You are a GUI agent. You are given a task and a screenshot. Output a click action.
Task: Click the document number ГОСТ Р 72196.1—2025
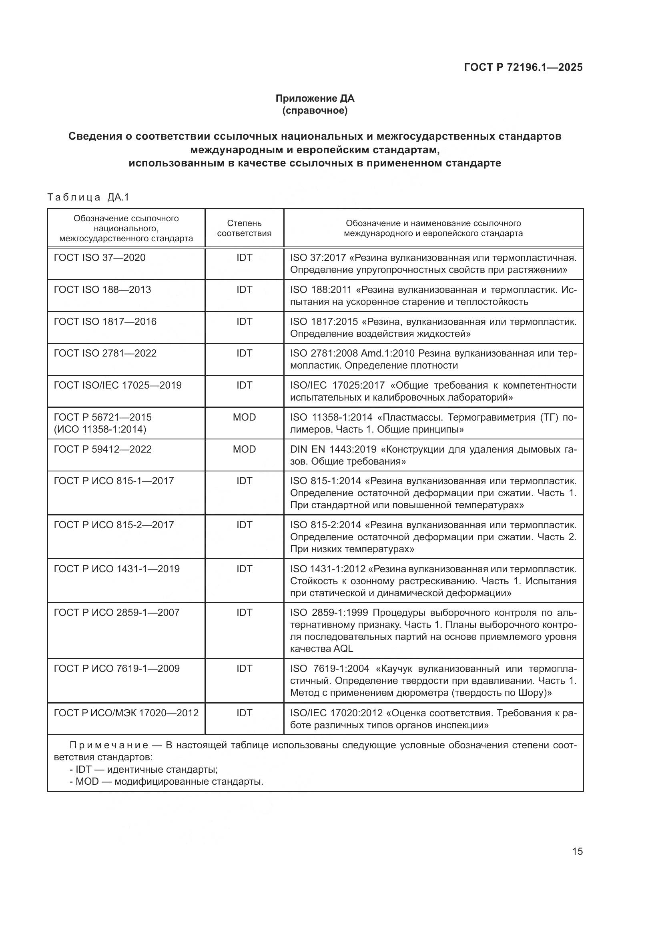click(523, 67)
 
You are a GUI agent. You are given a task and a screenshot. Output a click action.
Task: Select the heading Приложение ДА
click(315, 98)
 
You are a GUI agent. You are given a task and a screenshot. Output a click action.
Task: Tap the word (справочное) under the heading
click(315, 110)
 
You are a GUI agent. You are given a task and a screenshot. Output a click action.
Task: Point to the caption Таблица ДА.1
click(88, 197)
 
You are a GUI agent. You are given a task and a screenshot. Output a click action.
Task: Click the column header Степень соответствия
click(244, 228)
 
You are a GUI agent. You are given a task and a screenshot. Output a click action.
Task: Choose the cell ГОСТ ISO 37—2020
click(100, 258)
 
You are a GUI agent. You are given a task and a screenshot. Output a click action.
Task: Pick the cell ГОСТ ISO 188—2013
click(102, 289)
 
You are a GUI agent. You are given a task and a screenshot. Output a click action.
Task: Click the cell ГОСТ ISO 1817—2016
click(105, 322)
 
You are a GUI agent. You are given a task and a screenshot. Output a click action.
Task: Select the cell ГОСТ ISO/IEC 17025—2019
click(118, 385)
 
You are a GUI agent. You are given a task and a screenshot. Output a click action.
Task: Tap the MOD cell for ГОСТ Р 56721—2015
click(244, 417)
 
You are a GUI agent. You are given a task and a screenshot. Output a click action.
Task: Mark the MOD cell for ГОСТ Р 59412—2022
click(244, 449)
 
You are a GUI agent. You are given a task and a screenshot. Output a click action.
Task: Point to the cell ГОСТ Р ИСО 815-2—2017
click(114, 525)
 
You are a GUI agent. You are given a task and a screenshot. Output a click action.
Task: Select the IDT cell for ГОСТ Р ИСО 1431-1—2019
click(244, 569)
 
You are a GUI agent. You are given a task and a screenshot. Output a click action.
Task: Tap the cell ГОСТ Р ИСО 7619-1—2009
click(116, 669)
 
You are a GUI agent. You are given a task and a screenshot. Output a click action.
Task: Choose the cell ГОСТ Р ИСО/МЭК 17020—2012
click(126, 713)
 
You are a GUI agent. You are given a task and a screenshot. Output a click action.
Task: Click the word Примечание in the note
click(109, 745)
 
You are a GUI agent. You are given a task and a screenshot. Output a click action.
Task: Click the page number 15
click(577, 851)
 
